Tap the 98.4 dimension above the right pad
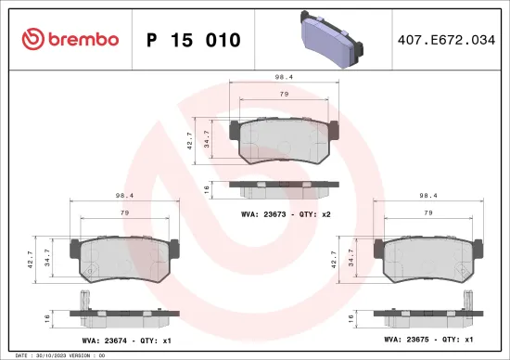tap(428, 197)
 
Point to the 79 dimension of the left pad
tap(123, 212)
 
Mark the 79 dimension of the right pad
tap(428, 212)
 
